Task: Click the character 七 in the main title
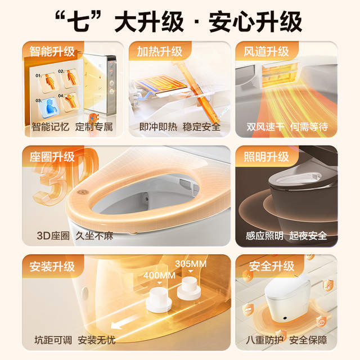pos(79,22)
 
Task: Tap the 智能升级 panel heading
pos(52,51)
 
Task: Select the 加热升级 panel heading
pos(159,51)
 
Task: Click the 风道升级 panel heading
pos(266,51)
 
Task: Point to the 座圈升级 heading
pos(52,157)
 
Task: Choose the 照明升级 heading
pos(266,157)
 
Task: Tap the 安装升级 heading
pos(52,266)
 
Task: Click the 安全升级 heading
pos(271,266)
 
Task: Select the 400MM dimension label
pos(159,275)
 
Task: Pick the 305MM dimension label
pos(191,264)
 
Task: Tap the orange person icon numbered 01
pos(49,82)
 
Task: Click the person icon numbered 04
pos(70,101)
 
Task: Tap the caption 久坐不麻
pos(94,236)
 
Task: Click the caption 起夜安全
pos(308,236)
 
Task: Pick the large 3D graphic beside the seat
pos(66,176)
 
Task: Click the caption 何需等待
pos(309,127)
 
